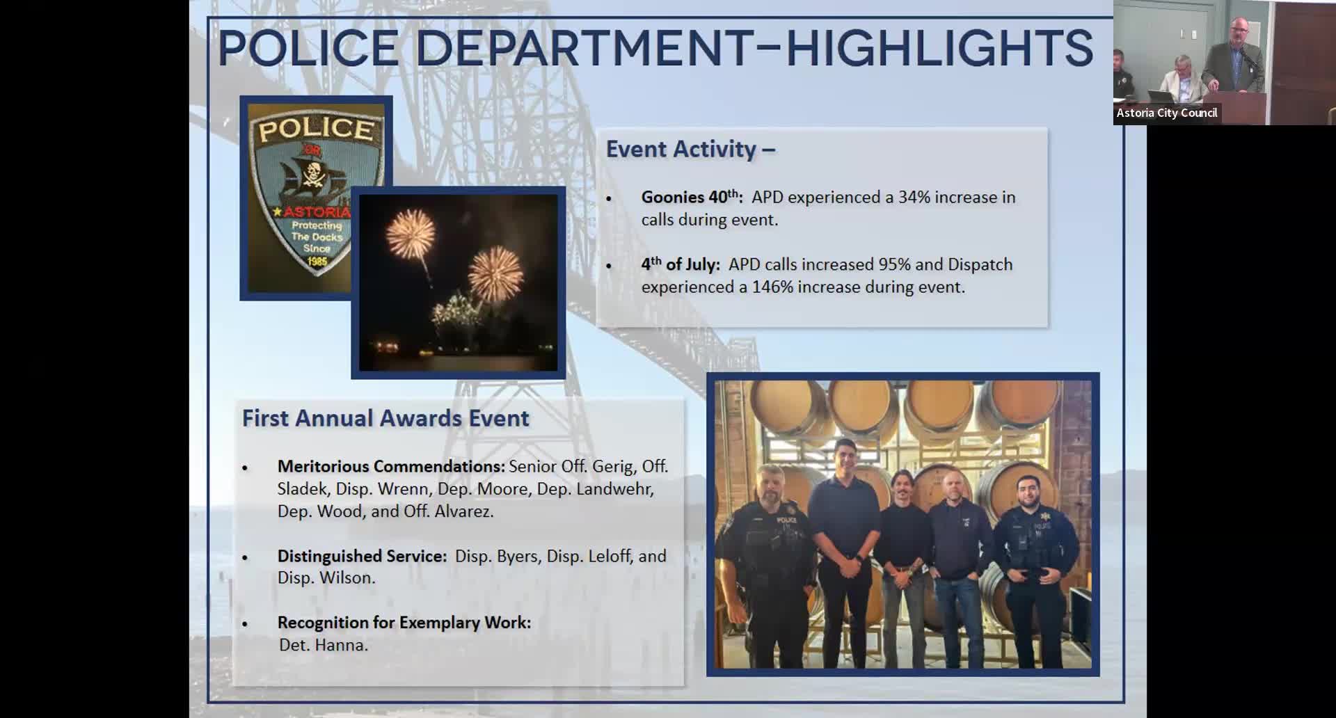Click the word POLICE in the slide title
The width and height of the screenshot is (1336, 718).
pos(309,48)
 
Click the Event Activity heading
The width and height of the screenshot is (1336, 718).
pos(690,149)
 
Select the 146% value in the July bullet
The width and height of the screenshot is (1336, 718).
pos(772,287)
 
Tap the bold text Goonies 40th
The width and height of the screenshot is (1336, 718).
pos(692,197)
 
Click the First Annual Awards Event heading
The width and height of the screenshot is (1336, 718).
pos(385,418)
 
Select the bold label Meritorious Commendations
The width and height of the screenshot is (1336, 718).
pos(391,466)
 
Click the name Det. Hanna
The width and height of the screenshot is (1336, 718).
pos(324,645)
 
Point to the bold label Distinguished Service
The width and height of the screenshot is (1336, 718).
pos(362,557)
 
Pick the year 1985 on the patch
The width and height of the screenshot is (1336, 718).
pos(317,261)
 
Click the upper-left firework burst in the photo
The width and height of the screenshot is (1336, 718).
pos(411,234)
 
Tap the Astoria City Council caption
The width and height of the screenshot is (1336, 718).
pos(1167,113)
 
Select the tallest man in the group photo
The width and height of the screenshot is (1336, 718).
pos(845,550)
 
